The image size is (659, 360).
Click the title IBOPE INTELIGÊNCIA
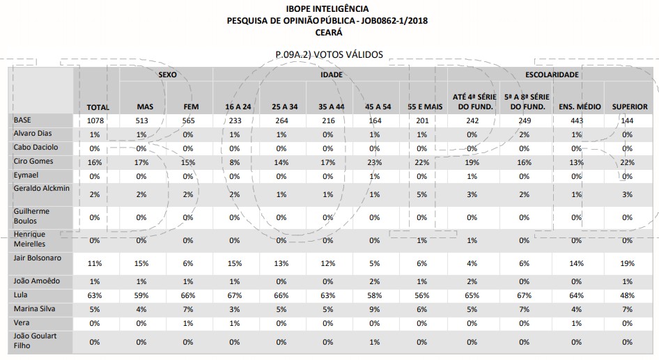pyautogui.click(x=327, y=8)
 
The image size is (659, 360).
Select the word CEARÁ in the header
pyautogui.click(x=327, y=32)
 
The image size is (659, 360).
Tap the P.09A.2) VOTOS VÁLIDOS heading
pyautogui.click(x=329, y=54)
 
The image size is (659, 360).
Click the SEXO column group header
pyautogui.click(x=166, y=74)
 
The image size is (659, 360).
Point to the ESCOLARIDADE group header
pyautogui.click(x=552, y=74)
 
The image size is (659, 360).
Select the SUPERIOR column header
pyautogui.click(x=630, y=107)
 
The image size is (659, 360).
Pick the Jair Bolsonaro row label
pyautogui.click(x=38, y=258)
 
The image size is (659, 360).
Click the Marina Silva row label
pyautogui.click(x=36, y=308)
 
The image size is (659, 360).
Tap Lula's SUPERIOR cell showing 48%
pyautogui.click(x=627, y=295)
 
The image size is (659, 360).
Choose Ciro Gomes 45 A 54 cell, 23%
pyautogui.click(x=375, y=162)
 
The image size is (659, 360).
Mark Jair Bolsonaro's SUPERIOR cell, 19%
pyautogui.click(x=627, y=264)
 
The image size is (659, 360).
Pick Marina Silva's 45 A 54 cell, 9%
pyautogui.click(x=375, y=309)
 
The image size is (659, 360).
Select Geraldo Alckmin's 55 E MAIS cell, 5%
pyautogui.click(x=421, y=195)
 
